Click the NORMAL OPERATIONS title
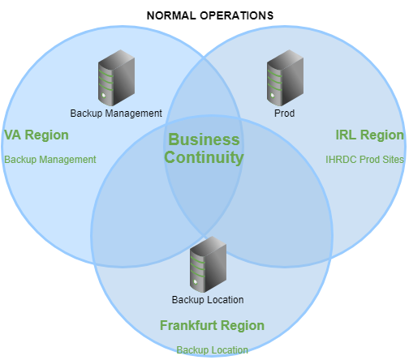pyautogui.click(x=210, y=15)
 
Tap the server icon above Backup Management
pyautogui.click(x=116, y=78)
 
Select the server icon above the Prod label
pyautogui.click(x=285, y=78)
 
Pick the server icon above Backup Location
pyautogui.click(x=208, y=264)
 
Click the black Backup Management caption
pyautogui.click(x=116, y=114)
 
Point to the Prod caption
pyautogui.click(x=284, y=114)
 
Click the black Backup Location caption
pyautogui.click(x=208, y=300)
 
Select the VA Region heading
pyautogui.click(x=37, y=135)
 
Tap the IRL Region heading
pyautogui.click(x=369, y=135)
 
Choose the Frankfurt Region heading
pyautogui.click(x=212, y=325)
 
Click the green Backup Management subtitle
pyautogui.click(x=50, y=160)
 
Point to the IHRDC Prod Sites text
pyautogui.click(x=364, y=160)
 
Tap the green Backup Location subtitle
pyautogui.click(x=213, y=350)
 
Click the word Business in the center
pyautogui.click(x=204, y=139)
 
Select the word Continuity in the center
pyautogui.click(x=204, y=157)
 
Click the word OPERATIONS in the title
pyautogui.click(x=237, y=15)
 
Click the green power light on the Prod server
pyautogui.click(x=273, y=95)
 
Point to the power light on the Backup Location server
pyautogui.click(x=196, y=282)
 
